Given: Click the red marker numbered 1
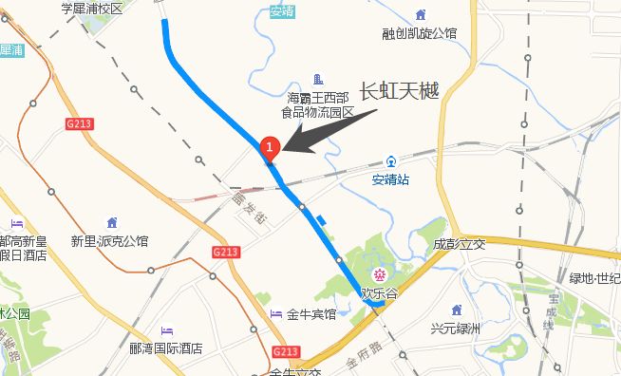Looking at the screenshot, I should coord(270,147).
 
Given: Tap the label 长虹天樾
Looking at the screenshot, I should coord(399,91).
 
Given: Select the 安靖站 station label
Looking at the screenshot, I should coord(390,179).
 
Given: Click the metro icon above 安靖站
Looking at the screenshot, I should coord(390,161).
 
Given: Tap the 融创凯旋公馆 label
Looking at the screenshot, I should coord(420,33).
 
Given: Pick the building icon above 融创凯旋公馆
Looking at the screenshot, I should coord(420,14).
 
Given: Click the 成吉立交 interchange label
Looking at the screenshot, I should coord(459,244).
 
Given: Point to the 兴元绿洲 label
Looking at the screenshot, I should coord(457,329).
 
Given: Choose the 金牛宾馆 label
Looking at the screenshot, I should coord(311,314).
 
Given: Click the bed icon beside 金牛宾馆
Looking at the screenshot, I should coord(275,314).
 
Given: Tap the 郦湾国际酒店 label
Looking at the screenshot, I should coord(166,348).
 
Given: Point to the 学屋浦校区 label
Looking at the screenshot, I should coord(92,9).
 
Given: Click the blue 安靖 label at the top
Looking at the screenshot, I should coord(282,11).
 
